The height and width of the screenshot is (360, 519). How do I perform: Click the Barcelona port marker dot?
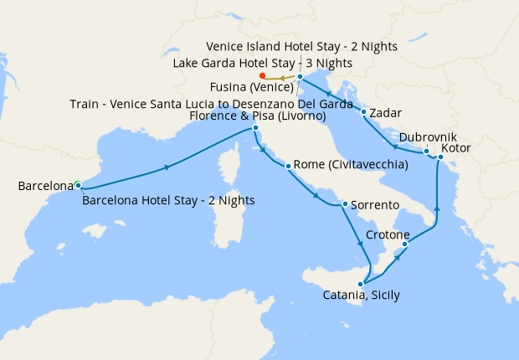[x=77, y=184]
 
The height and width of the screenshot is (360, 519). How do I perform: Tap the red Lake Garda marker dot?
[x=263, y=75]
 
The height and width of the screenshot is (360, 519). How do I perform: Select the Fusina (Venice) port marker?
[x=300, y=76]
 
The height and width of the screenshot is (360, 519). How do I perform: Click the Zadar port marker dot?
[x=363, y=111]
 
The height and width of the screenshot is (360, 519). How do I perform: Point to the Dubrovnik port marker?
[x=426, y=152]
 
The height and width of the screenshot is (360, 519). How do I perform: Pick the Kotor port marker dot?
[x=440, y=157]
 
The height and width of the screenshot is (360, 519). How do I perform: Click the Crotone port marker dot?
[x=405, y=244]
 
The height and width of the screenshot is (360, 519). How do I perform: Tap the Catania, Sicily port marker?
[x=361, y=283]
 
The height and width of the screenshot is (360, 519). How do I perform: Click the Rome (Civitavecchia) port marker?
[x=288, y=166]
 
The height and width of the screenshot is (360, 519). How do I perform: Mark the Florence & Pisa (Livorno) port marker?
[x=254, y=128]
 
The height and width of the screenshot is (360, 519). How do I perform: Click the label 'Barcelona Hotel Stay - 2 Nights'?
[x=169, y=200]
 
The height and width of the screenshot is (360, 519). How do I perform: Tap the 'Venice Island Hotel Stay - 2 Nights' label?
[x=302, y=46]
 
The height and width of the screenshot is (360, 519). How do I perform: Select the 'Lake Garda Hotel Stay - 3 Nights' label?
[x=262, y=63]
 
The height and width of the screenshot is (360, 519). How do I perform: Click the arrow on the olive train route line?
[x=282, y=78]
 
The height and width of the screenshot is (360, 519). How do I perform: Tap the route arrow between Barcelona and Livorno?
[x=167, y=167]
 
